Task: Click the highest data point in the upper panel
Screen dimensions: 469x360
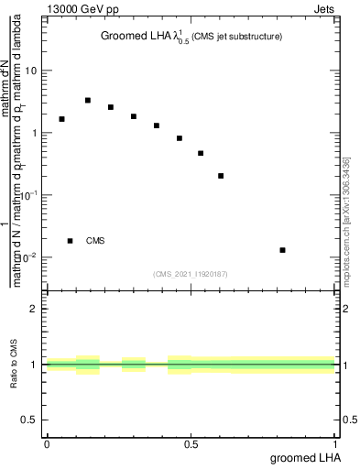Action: click(88, 101)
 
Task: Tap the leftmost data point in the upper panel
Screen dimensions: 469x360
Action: click(61, 119)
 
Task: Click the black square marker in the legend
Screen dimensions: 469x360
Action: click(71, 241)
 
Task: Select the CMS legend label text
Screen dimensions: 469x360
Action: click(95, 241)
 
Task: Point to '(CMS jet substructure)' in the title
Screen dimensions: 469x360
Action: click(236, 37)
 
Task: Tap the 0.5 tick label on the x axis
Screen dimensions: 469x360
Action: click(191, 443)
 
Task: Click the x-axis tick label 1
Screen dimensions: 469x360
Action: click(335, 443)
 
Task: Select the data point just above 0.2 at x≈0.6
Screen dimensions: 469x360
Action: click(221, 176)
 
